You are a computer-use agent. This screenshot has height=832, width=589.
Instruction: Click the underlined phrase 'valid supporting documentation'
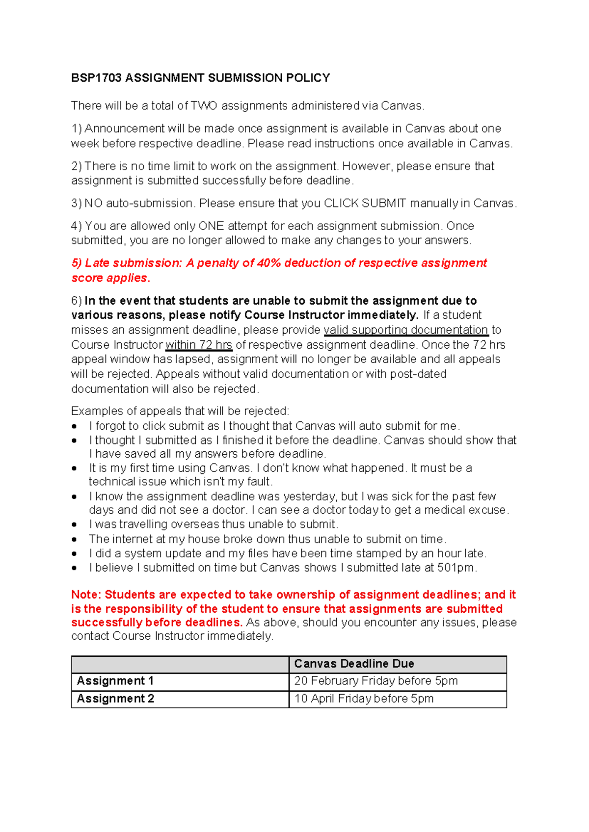pyautogui.click(x=406, y=330)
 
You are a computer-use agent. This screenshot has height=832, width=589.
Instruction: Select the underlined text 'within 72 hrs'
pyautogui.click(x=199, y=345)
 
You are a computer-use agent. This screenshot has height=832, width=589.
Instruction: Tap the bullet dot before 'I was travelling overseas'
pyautogui.click(x=74, y=525)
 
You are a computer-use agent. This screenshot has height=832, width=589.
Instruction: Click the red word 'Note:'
pyautogui.click(x=86, y=595)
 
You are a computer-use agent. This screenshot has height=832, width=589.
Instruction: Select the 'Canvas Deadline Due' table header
pyautogui.click(x=354, y=664)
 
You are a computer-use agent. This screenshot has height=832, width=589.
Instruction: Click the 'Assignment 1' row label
pyautogui.click(x=115, y=681)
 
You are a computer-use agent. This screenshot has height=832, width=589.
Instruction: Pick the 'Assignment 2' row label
pyautogui.click(x=115, y=699)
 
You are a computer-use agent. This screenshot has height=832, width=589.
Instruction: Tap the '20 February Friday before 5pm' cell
pyautogui.click(x=375, y=681)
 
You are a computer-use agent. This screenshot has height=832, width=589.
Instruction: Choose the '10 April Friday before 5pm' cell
pyautogui.click(x=364, y=699)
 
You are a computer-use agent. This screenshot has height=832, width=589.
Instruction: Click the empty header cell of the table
pyautogui.click(x=180, y=664)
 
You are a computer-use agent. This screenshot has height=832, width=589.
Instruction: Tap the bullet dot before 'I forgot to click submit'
pyautogui.click(x=74, y=426)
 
